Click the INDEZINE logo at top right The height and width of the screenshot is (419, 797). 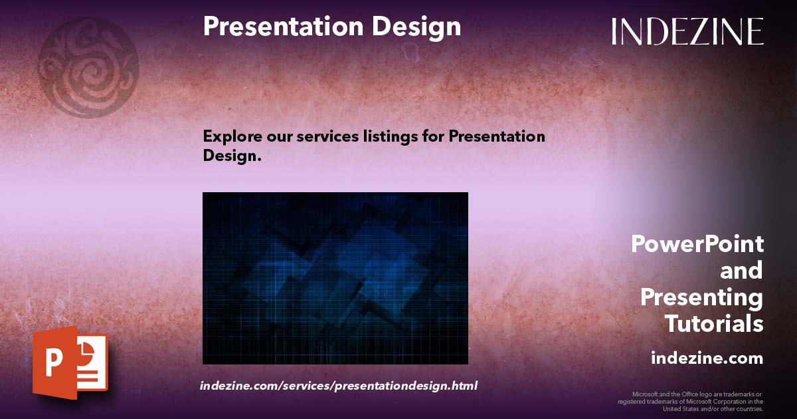point(687,31)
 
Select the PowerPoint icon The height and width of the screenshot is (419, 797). point(70,362)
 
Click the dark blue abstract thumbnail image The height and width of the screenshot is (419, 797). point(335,278)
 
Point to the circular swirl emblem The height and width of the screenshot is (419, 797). point(88,67)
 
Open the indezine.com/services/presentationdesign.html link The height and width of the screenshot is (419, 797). point(339,386)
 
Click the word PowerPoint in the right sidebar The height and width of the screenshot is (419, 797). point(697,244)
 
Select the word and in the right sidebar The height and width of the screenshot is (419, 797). point(741,271)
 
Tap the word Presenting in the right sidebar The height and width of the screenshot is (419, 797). point(702,297)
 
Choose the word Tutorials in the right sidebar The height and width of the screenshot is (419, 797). point(714,324)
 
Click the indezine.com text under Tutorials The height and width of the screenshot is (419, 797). point(707,358)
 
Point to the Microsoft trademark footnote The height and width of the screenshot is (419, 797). point(691,402)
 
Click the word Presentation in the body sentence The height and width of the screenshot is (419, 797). point(497,136)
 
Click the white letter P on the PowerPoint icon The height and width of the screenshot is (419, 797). point(53,363)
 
